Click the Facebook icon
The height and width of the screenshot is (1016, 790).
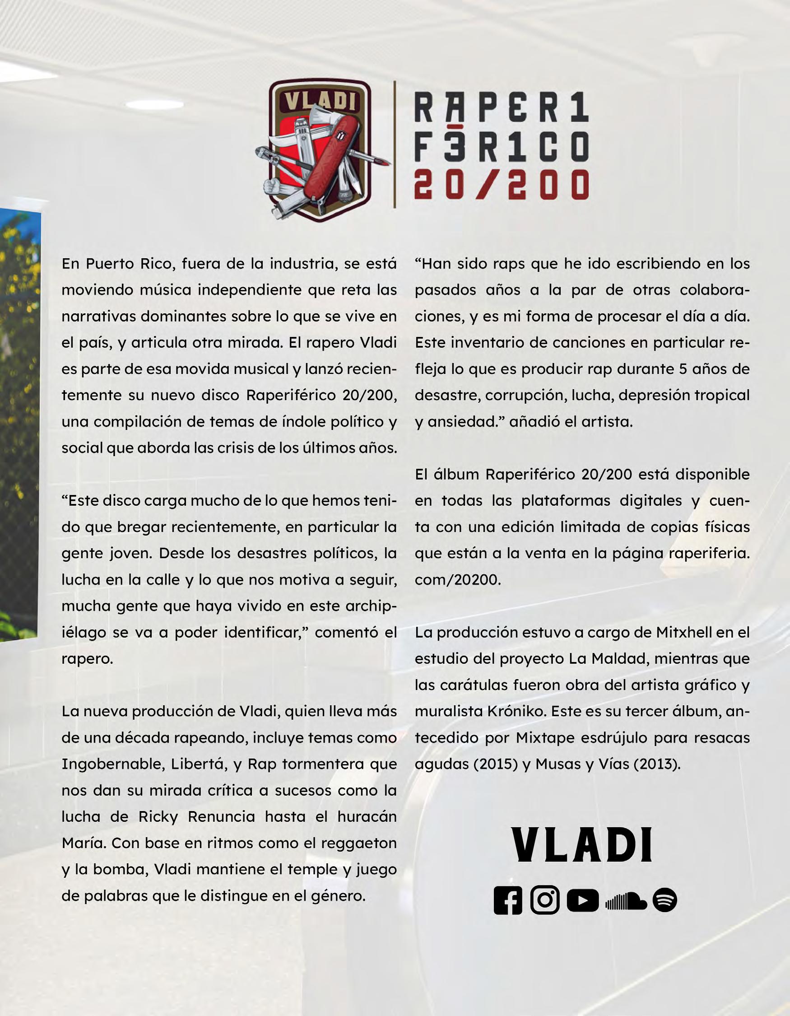508,900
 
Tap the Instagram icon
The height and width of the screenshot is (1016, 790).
545,899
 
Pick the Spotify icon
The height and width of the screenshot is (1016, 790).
665,900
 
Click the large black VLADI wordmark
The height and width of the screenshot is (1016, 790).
582,844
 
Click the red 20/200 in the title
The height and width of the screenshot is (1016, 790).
501,184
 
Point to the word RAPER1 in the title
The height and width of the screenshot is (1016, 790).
501,107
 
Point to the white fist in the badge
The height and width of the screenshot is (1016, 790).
272,186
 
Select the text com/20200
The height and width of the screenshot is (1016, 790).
458,580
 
